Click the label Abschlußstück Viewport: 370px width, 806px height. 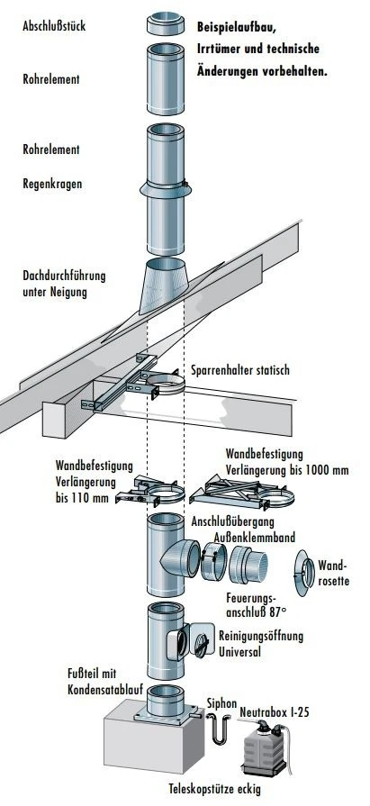[x=53, y=27]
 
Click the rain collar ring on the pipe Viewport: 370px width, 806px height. [x=167, y=191]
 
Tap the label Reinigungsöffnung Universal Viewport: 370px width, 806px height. [x=261, y=643]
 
